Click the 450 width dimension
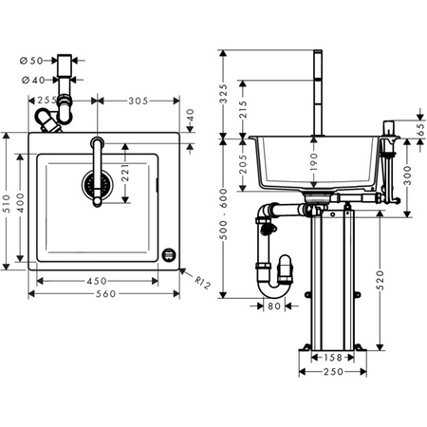96,281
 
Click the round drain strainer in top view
93,183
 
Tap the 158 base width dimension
328,358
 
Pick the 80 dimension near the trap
273,307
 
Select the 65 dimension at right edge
419,130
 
